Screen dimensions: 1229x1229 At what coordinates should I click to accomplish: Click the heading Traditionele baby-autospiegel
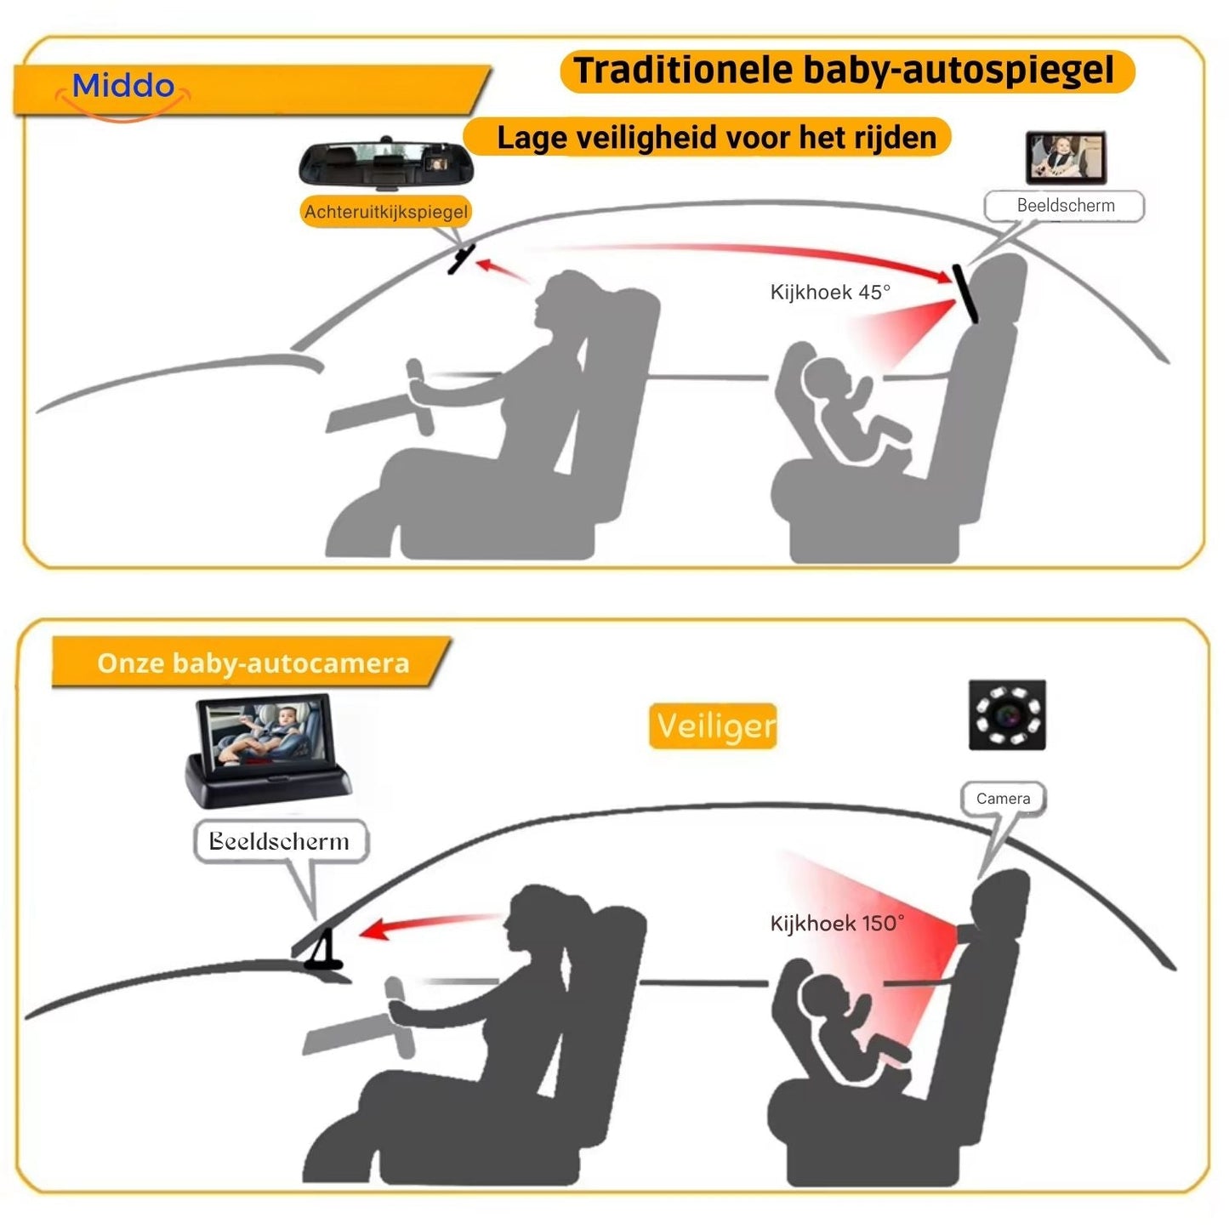[x=845, y=71]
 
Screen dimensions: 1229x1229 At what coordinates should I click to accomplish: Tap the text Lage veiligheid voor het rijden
[x=716, y=138]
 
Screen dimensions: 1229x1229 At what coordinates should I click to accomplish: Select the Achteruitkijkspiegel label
[x=386, y=212]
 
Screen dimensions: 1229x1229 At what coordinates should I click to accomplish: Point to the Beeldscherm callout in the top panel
[x=1065, y=206]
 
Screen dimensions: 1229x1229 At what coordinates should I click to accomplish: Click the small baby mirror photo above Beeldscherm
[x=1065, y=157]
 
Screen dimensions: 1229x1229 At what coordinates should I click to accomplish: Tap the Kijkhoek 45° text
[x=829, y=293]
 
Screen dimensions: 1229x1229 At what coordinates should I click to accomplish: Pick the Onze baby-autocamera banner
[x=253, y=663]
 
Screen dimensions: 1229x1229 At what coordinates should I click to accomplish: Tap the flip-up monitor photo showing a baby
[x=265, y=748]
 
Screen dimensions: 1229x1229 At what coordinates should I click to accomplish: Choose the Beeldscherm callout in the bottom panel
[x=280, y=841]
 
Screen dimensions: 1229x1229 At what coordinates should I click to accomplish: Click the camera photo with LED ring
[x=1007, y=714]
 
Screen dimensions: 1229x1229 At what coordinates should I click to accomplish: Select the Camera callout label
[x=1003, y=799]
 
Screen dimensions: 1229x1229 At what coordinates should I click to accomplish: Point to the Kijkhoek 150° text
[x=836, y=924]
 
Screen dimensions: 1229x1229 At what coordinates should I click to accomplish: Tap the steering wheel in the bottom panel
[x=400, y=1016]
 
